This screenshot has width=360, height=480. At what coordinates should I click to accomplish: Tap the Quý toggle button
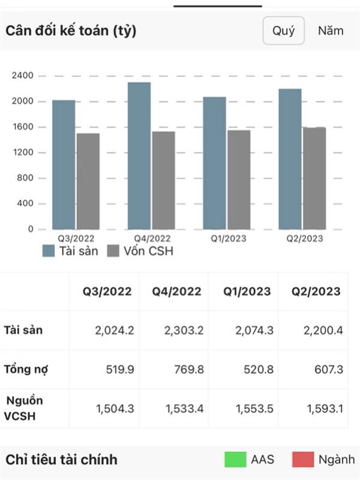coord(283,31)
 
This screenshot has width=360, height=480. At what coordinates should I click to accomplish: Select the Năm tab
coord(331,31)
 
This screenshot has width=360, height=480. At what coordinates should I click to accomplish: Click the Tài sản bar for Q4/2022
coord(139,156)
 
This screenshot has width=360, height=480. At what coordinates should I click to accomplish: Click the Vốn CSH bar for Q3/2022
coord(88,181)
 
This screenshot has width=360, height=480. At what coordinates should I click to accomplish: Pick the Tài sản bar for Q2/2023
coord(290,159)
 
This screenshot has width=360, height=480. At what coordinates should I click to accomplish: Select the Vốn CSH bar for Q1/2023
coord(239,179)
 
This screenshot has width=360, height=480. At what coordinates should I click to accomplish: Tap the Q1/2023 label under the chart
coord(226,238)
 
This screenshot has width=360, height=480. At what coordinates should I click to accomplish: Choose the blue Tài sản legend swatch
coord(49,251)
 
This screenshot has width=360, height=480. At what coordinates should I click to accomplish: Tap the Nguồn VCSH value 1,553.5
coord(251,408)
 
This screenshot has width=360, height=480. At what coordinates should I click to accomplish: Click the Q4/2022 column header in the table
coord(176,292)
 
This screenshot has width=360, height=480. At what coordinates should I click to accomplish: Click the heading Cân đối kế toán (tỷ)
coord(71,31)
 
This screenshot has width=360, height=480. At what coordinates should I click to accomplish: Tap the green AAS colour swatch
coord(235,460)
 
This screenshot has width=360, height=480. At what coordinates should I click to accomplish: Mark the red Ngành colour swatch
coord(304,460)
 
